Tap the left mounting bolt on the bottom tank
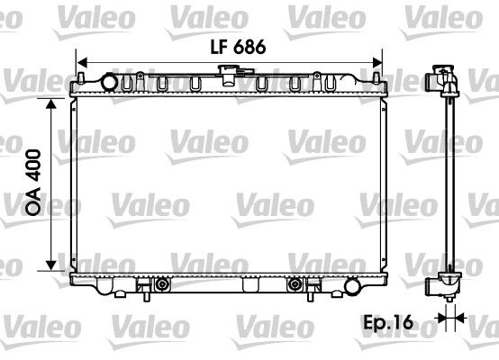161,286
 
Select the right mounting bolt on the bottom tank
294,286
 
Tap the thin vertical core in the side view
447,180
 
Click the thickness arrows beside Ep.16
448,317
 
